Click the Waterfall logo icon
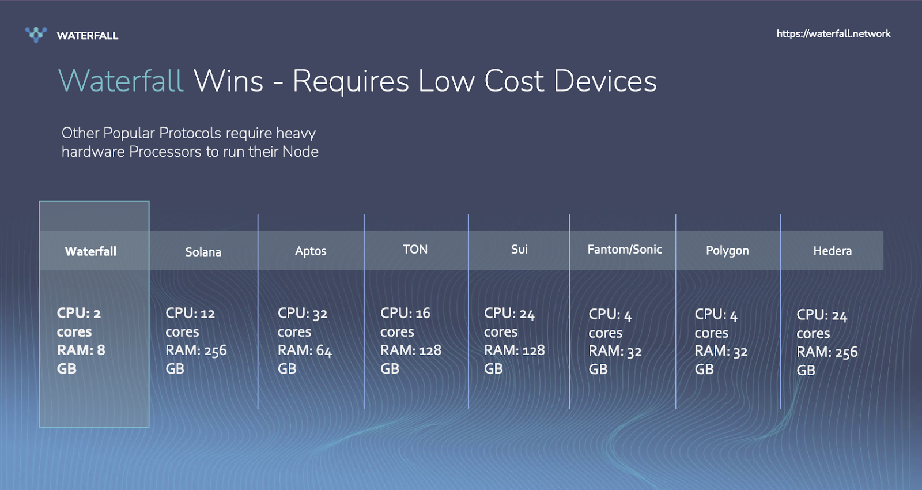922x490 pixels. pyautogui.click(x=36, y=35)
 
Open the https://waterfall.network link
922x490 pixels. pyautogui.click(x=833, y=34)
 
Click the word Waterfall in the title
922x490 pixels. pyautogui.click(x=120, y=81)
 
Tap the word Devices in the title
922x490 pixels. pyautogui.click(x=605, y=81)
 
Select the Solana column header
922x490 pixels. pyautogui.click(x=203, y=252)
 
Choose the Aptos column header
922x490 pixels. pyautogui.click(x=311, y=251)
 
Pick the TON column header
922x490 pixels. pyautogui.click(x=415, y=250)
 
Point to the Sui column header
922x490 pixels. pyautogui.click(x=519, y=250)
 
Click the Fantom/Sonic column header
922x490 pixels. pyautogui.click(x=625, y=250)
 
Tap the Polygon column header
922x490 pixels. pyautogui.click(x=727, y=251)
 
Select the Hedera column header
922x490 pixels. pyautogui.click(x=832, y=251)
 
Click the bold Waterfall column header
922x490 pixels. pyautogui.click(x=90, y=251)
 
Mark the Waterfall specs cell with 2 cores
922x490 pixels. pyautogui.click(x=81, y=341)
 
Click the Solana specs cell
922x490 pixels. pyautogui.click(x=196, y=341)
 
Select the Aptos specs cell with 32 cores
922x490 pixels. pyautogui.click(x=305, y=341)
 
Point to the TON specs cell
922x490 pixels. pyautogui.click(x=411, y=341)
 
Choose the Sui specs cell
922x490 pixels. pyautogui.click(x=515, y=341)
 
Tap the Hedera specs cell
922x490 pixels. pyautogui.click(x=827, y=342)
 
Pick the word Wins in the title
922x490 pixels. pyautogui.click(x=228, y=81)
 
